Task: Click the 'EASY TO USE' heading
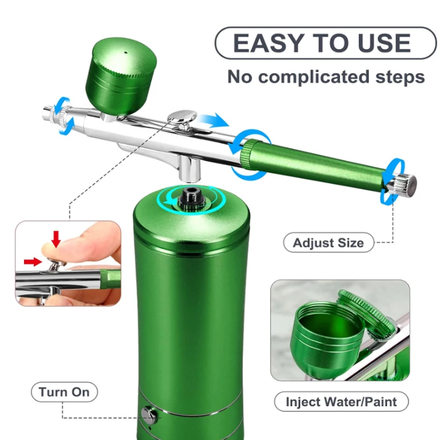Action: coord(322,43)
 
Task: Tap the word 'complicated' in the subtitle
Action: coord(313,77)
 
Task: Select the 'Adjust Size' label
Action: coord(328,243)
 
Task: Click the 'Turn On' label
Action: coord(64,392)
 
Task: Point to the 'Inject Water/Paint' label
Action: coord(341,402)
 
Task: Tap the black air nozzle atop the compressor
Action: coord(191,199)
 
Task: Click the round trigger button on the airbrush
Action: coord(182,116)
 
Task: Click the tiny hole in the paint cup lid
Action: coord(126,52)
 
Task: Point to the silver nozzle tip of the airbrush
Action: coord(48,113)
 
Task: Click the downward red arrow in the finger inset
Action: coord(57,239)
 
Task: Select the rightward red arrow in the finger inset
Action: coord(33,262)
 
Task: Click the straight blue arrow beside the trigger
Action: coord(212,120)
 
